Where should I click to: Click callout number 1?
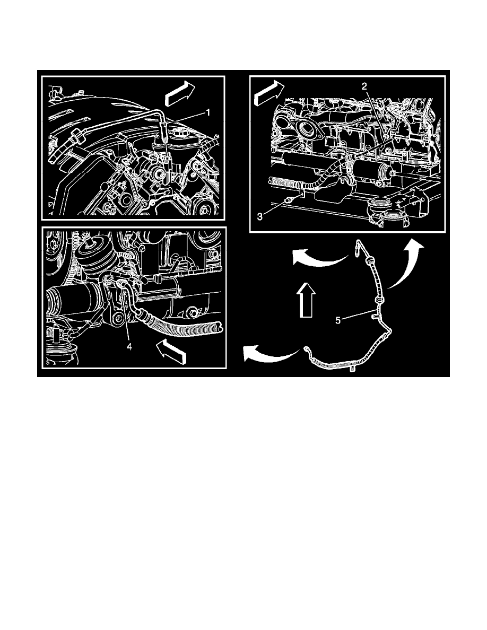coord(208,112)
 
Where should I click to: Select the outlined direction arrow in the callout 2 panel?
coord(269,92)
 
